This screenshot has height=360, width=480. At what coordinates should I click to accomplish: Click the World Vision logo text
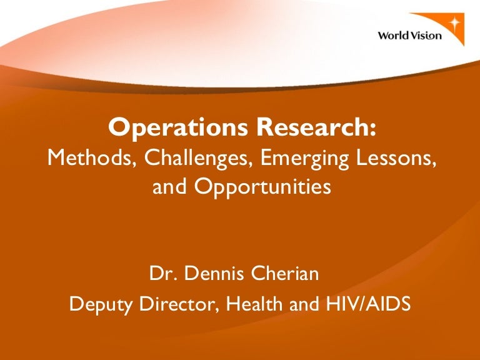click(x=409, y=36)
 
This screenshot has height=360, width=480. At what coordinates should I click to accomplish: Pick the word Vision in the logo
click(x=426, y=36)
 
